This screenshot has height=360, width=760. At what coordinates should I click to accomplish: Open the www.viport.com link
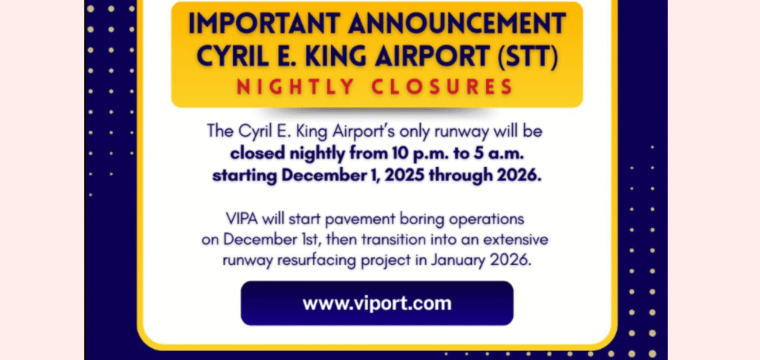(377, 303)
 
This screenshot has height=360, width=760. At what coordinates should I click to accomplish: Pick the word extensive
(520, 240)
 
